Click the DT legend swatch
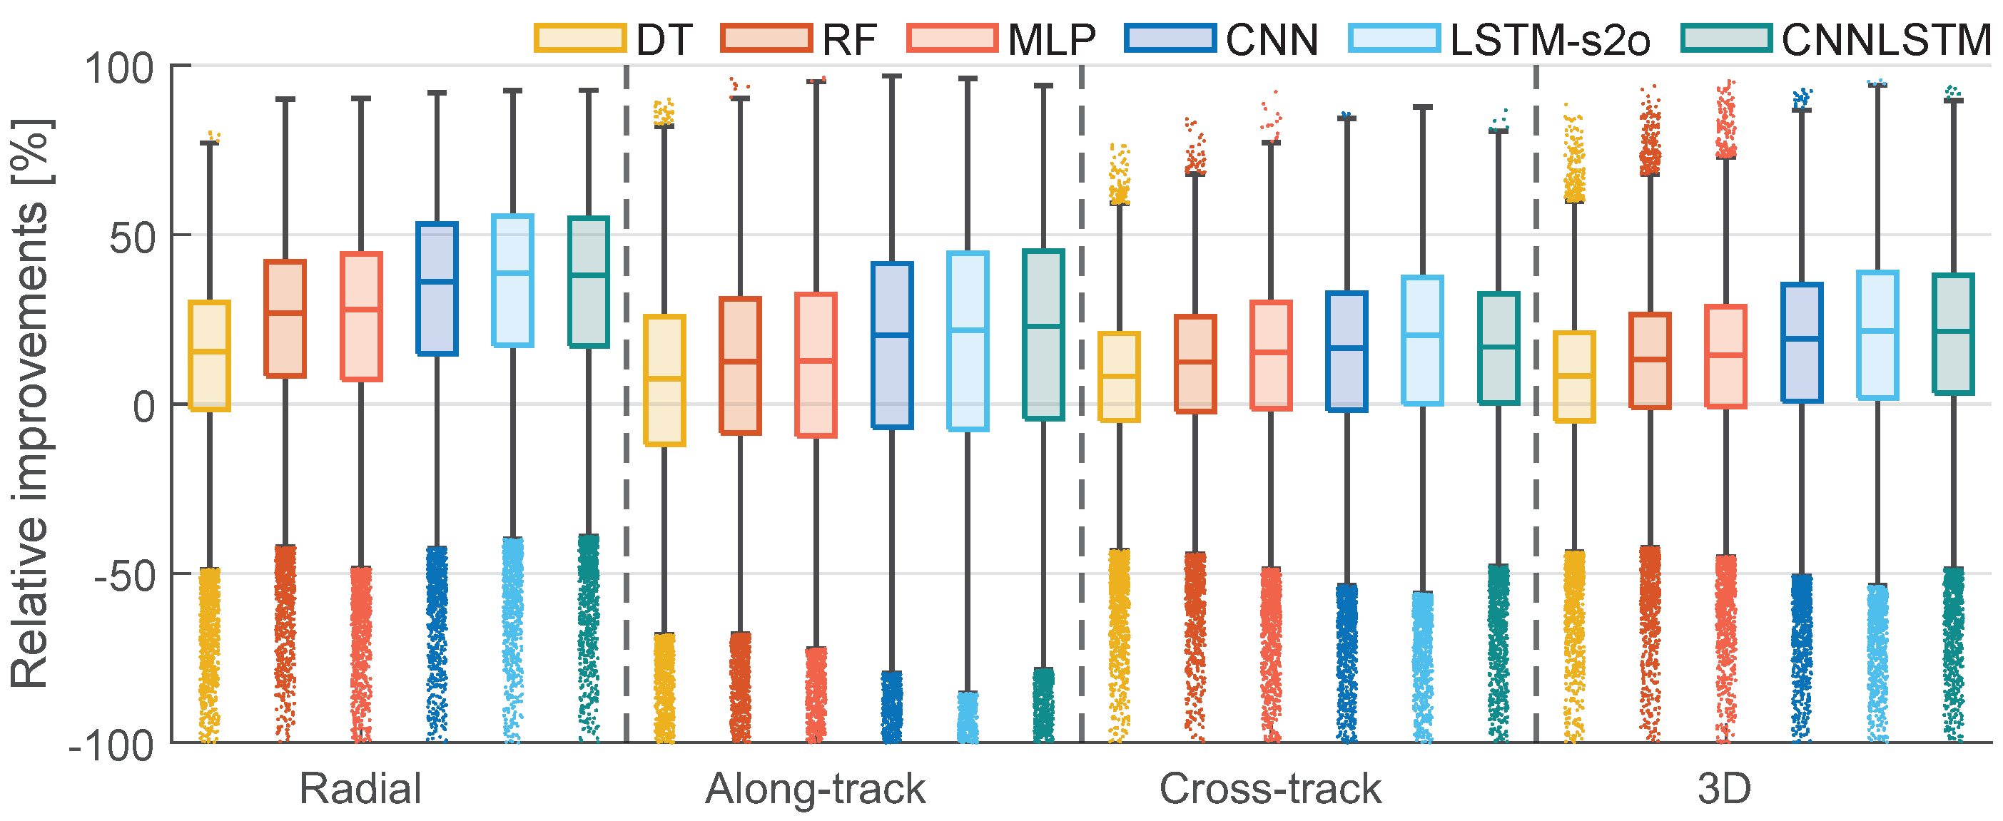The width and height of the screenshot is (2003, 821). click(x=579, y=38)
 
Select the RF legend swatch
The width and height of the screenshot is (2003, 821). click(x=766, y=38)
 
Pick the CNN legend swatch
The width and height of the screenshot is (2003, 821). click(x=1170, y=38)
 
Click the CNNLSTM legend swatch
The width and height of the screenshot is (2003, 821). click(x=1726, y=38)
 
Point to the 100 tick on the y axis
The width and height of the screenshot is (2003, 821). click(x=119, y=68)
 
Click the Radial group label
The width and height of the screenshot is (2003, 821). click(x=360, y=789)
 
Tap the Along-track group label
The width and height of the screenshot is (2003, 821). click(x=815, y=789)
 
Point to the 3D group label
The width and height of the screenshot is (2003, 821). click(x=1724, y=789)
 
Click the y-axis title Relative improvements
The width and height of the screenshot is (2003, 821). click(x=29, y=404)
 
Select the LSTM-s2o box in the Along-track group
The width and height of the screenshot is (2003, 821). click(x=968, y=340)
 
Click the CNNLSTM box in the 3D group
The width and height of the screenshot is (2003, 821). click(x=1953, y=334)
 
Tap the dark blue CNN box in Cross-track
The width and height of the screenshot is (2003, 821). click(x=1347, y=352)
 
